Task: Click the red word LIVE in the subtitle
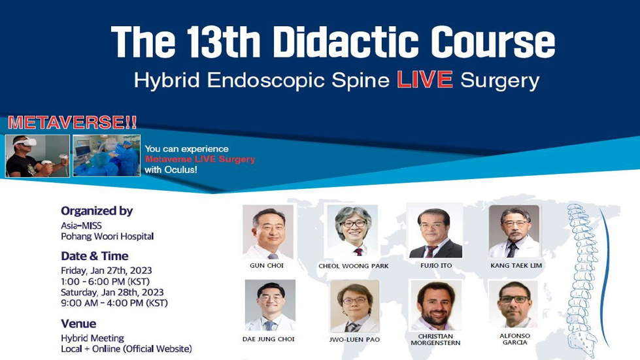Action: (425, 80)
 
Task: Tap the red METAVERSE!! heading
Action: (73, 123)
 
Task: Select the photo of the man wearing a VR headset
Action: (37, 155)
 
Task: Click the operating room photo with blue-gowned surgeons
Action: (107, 155)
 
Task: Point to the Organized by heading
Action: (97, 211)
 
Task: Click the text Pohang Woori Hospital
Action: (107, 236)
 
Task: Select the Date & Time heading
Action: (95, 256)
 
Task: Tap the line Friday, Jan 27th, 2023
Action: (106, 270)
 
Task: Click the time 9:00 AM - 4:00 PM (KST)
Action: (114, 303)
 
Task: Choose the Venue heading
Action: (78, 323)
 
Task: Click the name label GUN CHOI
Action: (267, 265)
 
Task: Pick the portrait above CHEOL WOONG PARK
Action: (352, 231)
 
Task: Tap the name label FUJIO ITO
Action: (436, 265)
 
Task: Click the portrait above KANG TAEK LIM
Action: (514, 231)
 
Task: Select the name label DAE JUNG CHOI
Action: (268, 339)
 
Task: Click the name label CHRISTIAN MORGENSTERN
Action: (435, 340)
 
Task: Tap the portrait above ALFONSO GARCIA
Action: (513, 304)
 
